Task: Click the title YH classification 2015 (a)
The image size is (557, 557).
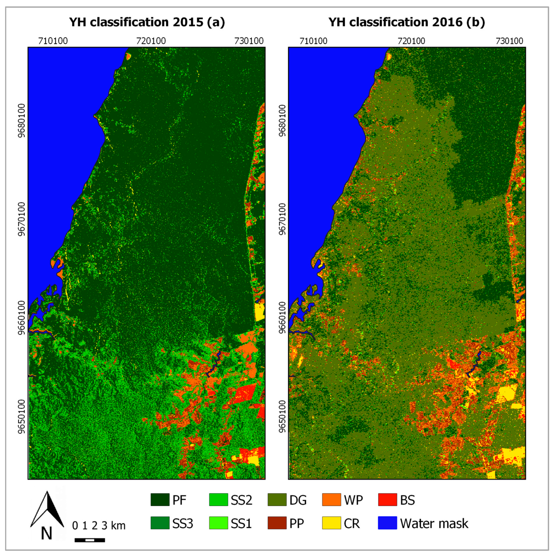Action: point(147,22)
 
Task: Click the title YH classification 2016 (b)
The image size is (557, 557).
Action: point(407,22)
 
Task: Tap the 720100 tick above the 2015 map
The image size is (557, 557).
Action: point(151,41)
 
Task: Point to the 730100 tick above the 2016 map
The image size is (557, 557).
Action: point(509,41)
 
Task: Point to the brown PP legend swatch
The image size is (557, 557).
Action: point(277,523)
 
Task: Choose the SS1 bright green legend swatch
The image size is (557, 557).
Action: point(218,523)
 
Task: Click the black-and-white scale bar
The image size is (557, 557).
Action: point(90,540)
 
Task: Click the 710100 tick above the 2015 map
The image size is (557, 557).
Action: point(53,41)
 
